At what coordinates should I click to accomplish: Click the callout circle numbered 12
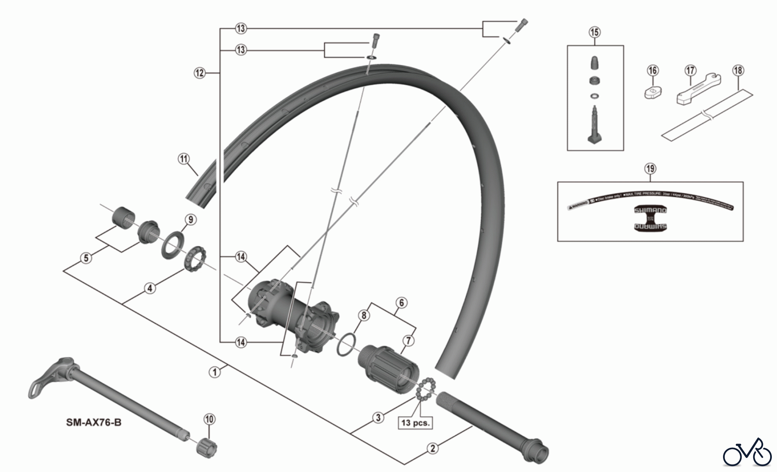tap(199, 73)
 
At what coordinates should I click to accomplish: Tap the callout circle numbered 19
tap(650, 168)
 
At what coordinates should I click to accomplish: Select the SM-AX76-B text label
tap(94, 422)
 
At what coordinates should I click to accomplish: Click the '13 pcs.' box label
tap(415, 422)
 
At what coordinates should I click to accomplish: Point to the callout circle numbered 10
tap(209, 419)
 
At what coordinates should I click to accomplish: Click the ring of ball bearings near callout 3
tap(426, 389)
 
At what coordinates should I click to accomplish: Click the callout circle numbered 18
tap(738, 70)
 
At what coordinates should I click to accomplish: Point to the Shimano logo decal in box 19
tap(650, 218)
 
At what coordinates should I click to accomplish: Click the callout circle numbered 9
tap(190, 219)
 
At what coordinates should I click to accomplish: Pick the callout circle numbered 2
tap(433, 448)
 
